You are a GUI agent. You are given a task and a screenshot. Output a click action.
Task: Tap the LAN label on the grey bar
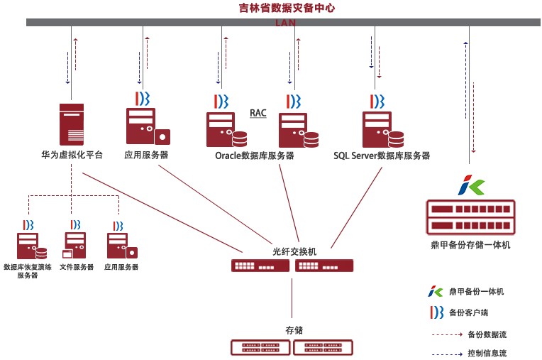(287, 23)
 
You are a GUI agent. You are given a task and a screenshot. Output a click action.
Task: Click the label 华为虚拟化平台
(72, 155)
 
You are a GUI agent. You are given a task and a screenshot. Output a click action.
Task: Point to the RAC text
(258, 113)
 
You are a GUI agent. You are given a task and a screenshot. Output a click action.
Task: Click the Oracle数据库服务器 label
(254, 156)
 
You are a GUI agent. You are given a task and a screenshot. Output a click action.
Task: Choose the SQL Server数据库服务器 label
(381, 156)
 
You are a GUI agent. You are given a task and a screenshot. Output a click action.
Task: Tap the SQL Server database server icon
(382, 129)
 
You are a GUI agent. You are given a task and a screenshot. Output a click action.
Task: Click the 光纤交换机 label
(294, 251)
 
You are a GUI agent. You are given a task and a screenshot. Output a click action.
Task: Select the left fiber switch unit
(260, 266)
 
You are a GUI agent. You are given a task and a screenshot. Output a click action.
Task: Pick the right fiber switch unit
(324, 266)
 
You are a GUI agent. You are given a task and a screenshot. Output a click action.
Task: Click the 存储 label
(294, 330)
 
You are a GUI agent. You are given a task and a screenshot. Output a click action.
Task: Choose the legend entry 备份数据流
(487, 333)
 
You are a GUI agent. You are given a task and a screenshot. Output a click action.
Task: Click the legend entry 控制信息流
(487, 353)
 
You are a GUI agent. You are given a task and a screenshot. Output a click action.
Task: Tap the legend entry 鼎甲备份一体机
(476, 291)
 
